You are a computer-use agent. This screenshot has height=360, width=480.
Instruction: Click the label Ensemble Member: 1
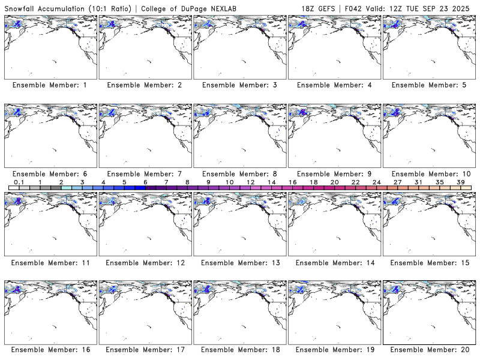point(50,85)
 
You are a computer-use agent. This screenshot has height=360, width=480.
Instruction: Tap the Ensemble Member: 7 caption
point(145,174)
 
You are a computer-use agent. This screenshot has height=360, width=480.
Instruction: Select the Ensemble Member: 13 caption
point(239,263)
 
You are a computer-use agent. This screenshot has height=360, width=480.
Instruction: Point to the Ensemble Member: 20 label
point(429,349)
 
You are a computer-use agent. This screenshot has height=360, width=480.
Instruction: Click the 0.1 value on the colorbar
point(19,182)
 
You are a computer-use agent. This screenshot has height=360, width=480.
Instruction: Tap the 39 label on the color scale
point(460,182)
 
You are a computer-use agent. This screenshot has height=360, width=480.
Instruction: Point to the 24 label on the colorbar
point(376,182)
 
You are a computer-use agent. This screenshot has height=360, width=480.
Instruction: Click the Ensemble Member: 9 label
point(334,174)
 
